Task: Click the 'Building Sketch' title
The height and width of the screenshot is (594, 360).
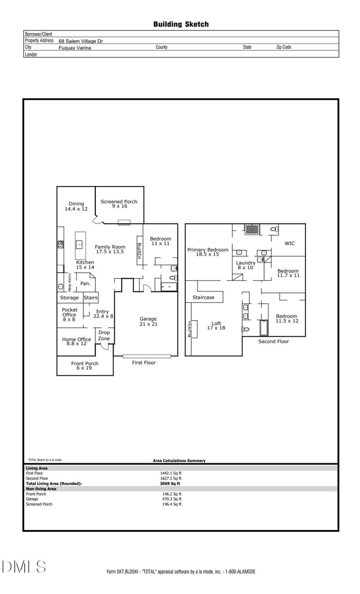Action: [x=181, y=24]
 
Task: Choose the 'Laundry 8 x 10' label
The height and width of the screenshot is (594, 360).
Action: [x=246, y=265]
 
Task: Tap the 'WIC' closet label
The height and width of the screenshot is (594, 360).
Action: [x=290, y=243]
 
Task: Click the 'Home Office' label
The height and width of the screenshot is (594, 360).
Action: [x=74, y=341]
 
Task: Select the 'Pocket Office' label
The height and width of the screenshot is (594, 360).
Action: [x=70, y=312]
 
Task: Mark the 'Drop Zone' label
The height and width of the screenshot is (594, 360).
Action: [x=104, y=336]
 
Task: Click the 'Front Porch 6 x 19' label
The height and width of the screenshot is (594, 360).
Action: [x=85, y=366]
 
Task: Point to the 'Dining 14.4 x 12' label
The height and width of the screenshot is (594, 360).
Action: [x=76, y=206]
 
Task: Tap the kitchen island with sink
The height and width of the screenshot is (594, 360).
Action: [x=80, y=245]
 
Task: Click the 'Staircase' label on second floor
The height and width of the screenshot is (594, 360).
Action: [x=203, y=298]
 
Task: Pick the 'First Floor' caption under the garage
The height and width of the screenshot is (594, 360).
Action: [x=144, y=362]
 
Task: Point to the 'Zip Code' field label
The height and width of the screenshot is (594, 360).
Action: [x=283, y=47]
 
